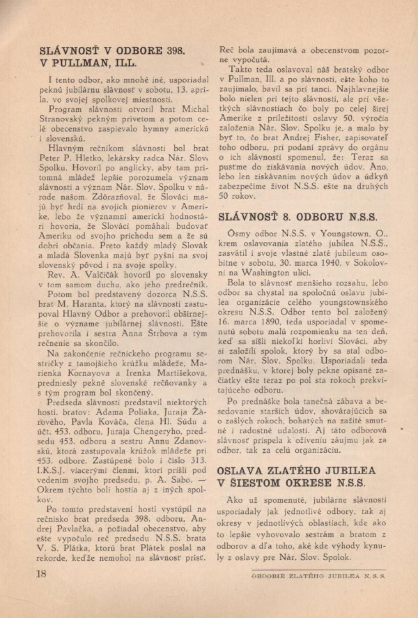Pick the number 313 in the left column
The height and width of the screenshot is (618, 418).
point(197,460)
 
